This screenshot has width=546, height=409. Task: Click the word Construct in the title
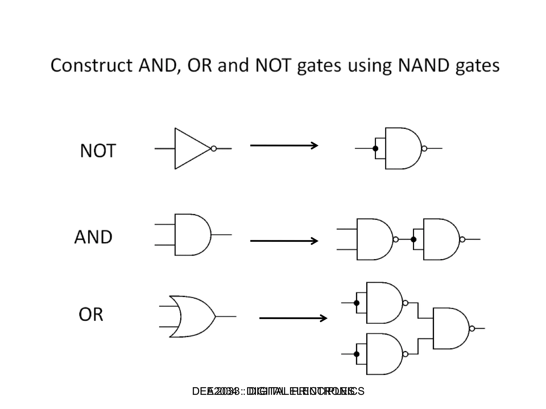click(x=91, y=66)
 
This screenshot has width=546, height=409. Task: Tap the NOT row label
click(x=98, y=151)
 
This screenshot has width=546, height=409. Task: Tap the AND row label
click(x=93, y=237)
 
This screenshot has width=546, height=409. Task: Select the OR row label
click(x=91, y=314)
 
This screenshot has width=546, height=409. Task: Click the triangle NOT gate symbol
click(x=189, y=149)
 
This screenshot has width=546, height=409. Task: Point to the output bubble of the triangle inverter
click(x=214, y=149)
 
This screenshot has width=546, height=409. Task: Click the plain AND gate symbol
click(x=191, y=235)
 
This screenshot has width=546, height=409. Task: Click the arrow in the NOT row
click(x=284, y=145)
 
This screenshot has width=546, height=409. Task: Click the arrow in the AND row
click(x=284, y=241)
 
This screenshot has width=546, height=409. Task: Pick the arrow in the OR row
click(x=293, y=318)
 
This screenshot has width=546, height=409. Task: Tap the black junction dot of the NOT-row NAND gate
click(x=375, y=149)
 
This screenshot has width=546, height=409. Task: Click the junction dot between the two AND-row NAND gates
click(x=413, y=240)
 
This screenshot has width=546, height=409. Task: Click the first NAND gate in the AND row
click(x=373, y=239)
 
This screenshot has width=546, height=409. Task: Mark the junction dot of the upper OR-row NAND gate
click(x=356, y=303)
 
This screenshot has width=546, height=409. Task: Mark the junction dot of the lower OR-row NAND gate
click(x=356, y=354)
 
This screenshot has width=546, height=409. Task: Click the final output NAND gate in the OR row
click(x=449, y=328)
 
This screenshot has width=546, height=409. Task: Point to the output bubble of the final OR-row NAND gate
click(x=472, y=329)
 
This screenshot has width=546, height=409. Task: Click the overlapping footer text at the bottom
click(x=278, y=391)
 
